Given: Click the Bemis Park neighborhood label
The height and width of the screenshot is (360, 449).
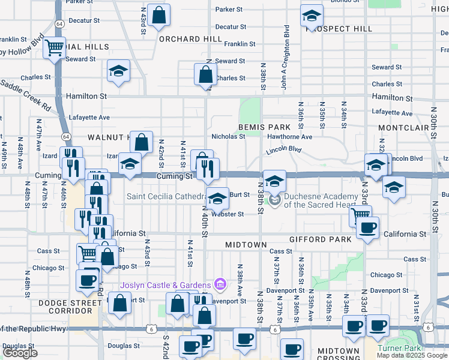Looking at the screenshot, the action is pos(264,127).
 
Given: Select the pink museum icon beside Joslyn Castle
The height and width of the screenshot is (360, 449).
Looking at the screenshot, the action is pos(220,284).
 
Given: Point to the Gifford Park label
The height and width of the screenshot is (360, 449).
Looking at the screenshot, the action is pos(320,239).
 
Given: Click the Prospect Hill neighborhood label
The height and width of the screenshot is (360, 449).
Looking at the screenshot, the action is pos(339,29).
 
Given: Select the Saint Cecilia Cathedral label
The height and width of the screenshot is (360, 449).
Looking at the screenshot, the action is pos(166,196).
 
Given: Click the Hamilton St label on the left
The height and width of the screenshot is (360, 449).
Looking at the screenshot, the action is pos(87,96).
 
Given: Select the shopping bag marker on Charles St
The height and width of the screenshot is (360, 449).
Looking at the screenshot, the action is pos(205,74).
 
